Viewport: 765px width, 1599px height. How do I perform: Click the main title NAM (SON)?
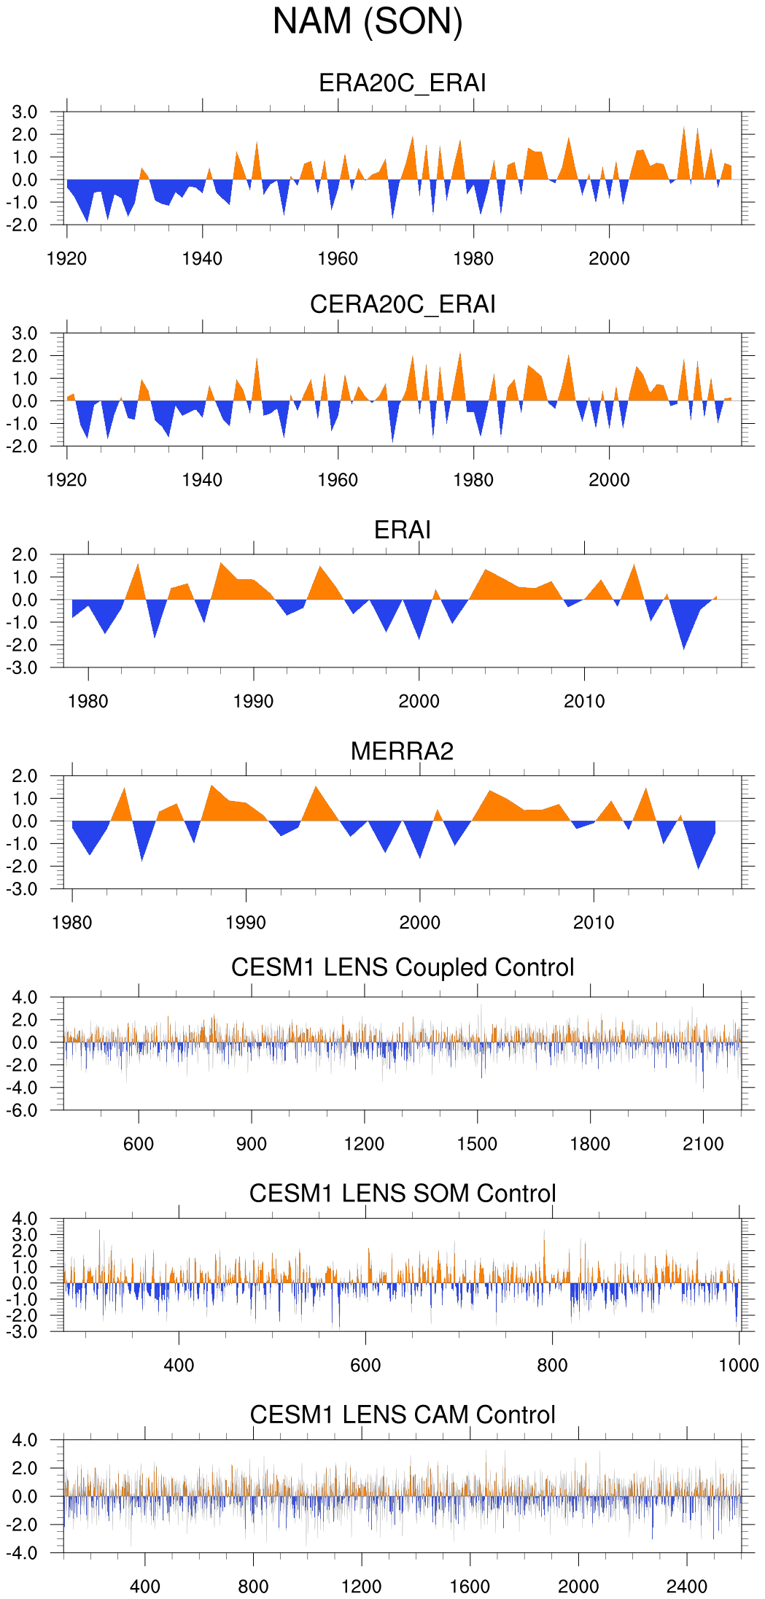[x=368, y=22]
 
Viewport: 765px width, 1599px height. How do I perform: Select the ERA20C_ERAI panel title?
[x=402, y=83]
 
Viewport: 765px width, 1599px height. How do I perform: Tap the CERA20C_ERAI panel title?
[x=402, y=304]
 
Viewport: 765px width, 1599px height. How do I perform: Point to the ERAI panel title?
[x=402, y=530]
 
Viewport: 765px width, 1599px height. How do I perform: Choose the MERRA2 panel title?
[x=402, y=751]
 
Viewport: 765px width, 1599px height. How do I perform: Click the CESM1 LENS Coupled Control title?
[x=402, y=967]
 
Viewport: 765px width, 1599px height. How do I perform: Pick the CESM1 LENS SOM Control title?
[x=402, y=1193]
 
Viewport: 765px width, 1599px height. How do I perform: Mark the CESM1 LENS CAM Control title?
[x=402, y=1414]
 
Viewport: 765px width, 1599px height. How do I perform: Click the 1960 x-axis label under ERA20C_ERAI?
[x=338, y=259]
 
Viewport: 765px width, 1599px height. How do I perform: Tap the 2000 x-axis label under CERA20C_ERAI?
[x=609, y=480]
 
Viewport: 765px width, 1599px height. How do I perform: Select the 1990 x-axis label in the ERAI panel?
[x=253, y=702]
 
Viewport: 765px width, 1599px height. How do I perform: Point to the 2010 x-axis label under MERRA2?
[x=593, y=923]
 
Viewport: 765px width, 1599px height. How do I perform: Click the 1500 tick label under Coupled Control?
[x=477, y=1144]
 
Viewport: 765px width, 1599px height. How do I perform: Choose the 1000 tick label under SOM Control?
[x=739, y=1366]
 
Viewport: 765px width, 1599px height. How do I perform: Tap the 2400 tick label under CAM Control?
[x=686, y=1587]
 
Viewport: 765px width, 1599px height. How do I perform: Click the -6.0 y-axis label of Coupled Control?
[x=25, y=1111]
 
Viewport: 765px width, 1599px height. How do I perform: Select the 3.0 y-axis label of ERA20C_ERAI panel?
[x=25, y=112]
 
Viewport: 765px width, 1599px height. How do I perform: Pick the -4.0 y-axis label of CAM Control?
[x=25, y=1553]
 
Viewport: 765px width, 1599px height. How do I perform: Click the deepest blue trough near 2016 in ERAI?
[x=683, y=647]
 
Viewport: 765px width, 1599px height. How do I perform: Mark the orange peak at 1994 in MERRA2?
[x=316, y=788]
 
